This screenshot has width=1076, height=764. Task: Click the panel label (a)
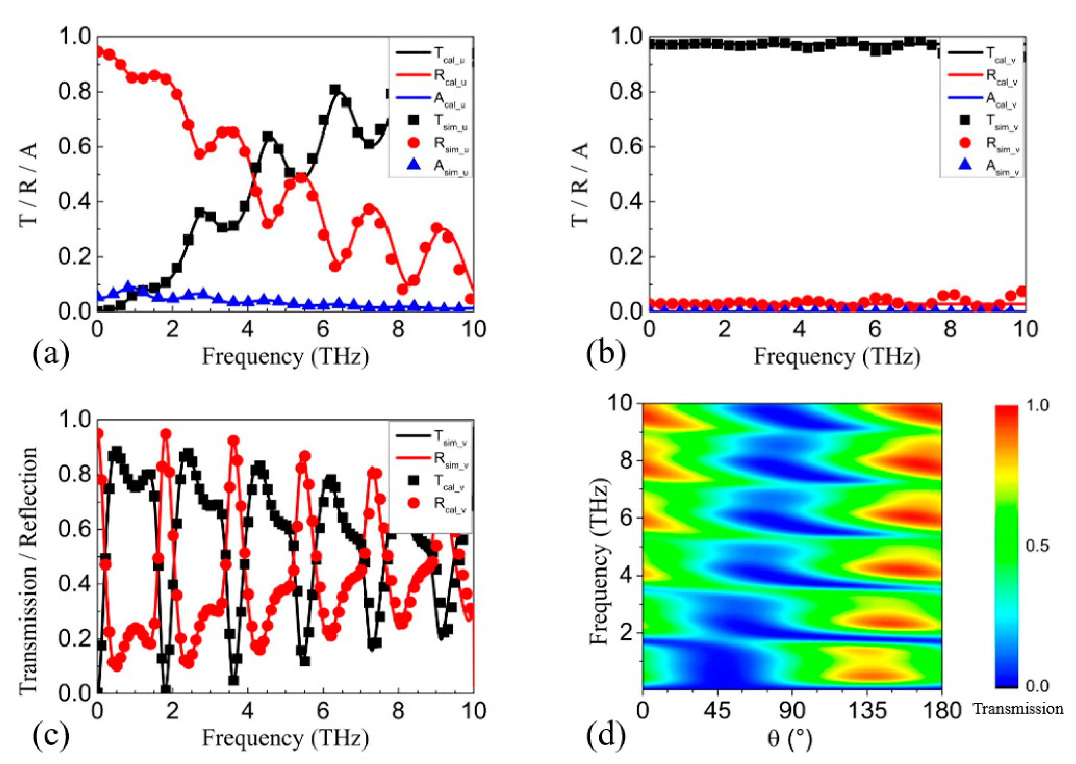coord(51,354)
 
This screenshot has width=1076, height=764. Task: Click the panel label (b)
coord(606,354)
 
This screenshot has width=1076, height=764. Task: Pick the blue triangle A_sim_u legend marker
coord(414,165)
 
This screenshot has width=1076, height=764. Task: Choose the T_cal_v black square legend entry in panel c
coord(414,481)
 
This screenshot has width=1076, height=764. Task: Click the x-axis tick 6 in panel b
coord(874,329)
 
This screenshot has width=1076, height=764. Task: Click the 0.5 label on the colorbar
coord(1037,546)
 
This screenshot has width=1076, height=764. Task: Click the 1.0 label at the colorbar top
coord(1037,405)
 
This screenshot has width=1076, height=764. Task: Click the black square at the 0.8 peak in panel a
coord(335,90)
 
